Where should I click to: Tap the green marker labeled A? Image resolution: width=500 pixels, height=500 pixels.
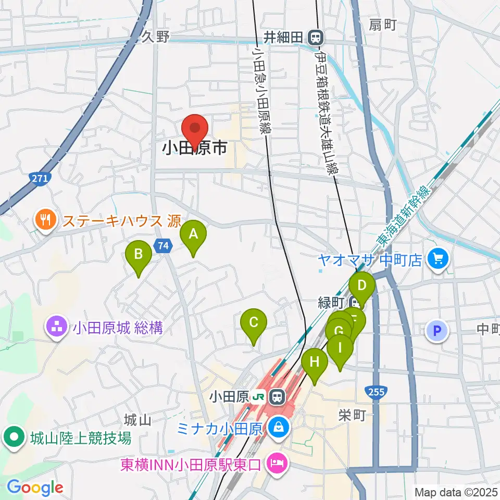pyautogui.click(x=193, y=235)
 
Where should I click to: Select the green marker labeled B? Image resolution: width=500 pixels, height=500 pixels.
pyautogui.click(x=139, y=255)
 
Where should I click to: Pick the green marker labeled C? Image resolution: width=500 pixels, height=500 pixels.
pyautogui.click(x=254, y=323)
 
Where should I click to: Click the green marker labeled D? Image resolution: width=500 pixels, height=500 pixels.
pyautogui.click(x=361, y=286)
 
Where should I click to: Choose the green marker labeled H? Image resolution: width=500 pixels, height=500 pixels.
pyautogui.click(x=315, y=362)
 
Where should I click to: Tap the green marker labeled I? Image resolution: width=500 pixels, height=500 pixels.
pyautogui.click(x=340, y=348)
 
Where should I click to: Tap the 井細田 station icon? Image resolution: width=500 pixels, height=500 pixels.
pyautogui.click(x=315, y=37)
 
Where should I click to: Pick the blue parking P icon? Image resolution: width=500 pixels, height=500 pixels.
pyautogui.click(x=438, y=330)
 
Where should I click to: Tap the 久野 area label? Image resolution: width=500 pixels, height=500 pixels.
pyautogui.click(x=156, y=37)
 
